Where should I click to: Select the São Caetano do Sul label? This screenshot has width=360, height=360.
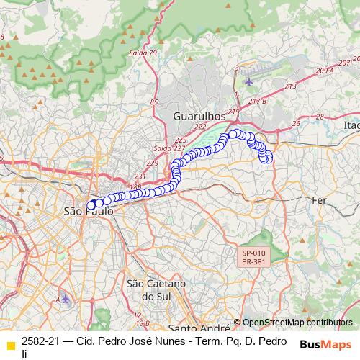tap(156, 289)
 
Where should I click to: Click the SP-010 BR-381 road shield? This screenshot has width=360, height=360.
tap(253, 258)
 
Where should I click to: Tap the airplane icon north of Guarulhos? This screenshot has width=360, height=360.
tap(249, 81)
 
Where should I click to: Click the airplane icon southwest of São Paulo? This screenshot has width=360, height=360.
tap(66, 298)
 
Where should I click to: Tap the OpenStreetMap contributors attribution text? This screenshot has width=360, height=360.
tap(297, 323)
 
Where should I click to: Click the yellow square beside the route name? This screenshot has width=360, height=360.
tap(10, 343)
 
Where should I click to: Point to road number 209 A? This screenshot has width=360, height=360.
tap(323, 70)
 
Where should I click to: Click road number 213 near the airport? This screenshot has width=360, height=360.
tap(290, 86)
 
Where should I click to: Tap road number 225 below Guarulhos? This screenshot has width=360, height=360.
tap(181, 140)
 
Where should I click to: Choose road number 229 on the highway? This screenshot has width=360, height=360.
tap(152, 163)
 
